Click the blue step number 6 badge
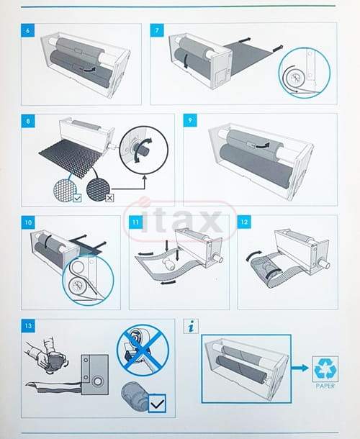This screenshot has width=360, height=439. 28,30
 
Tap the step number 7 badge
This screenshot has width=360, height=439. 157,30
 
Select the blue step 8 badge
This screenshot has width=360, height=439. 28,121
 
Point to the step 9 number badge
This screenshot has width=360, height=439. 190,120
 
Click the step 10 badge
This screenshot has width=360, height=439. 28,222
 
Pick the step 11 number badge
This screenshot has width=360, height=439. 135,222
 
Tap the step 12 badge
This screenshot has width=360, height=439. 244,222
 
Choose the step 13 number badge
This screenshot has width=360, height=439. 28,326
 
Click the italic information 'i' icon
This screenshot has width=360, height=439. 192,327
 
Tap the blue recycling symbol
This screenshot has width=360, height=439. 325,368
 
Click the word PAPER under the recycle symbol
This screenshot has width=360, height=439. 325,386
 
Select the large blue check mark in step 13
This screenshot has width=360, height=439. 157,404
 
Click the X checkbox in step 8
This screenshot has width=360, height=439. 109,198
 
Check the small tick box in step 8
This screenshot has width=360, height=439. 77,199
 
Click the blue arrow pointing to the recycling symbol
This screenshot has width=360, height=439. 301,368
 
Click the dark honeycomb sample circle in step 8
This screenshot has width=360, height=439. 97,189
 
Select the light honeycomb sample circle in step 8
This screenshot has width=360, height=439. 64,189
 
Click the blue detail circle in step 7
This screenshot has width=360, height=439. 305,73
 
